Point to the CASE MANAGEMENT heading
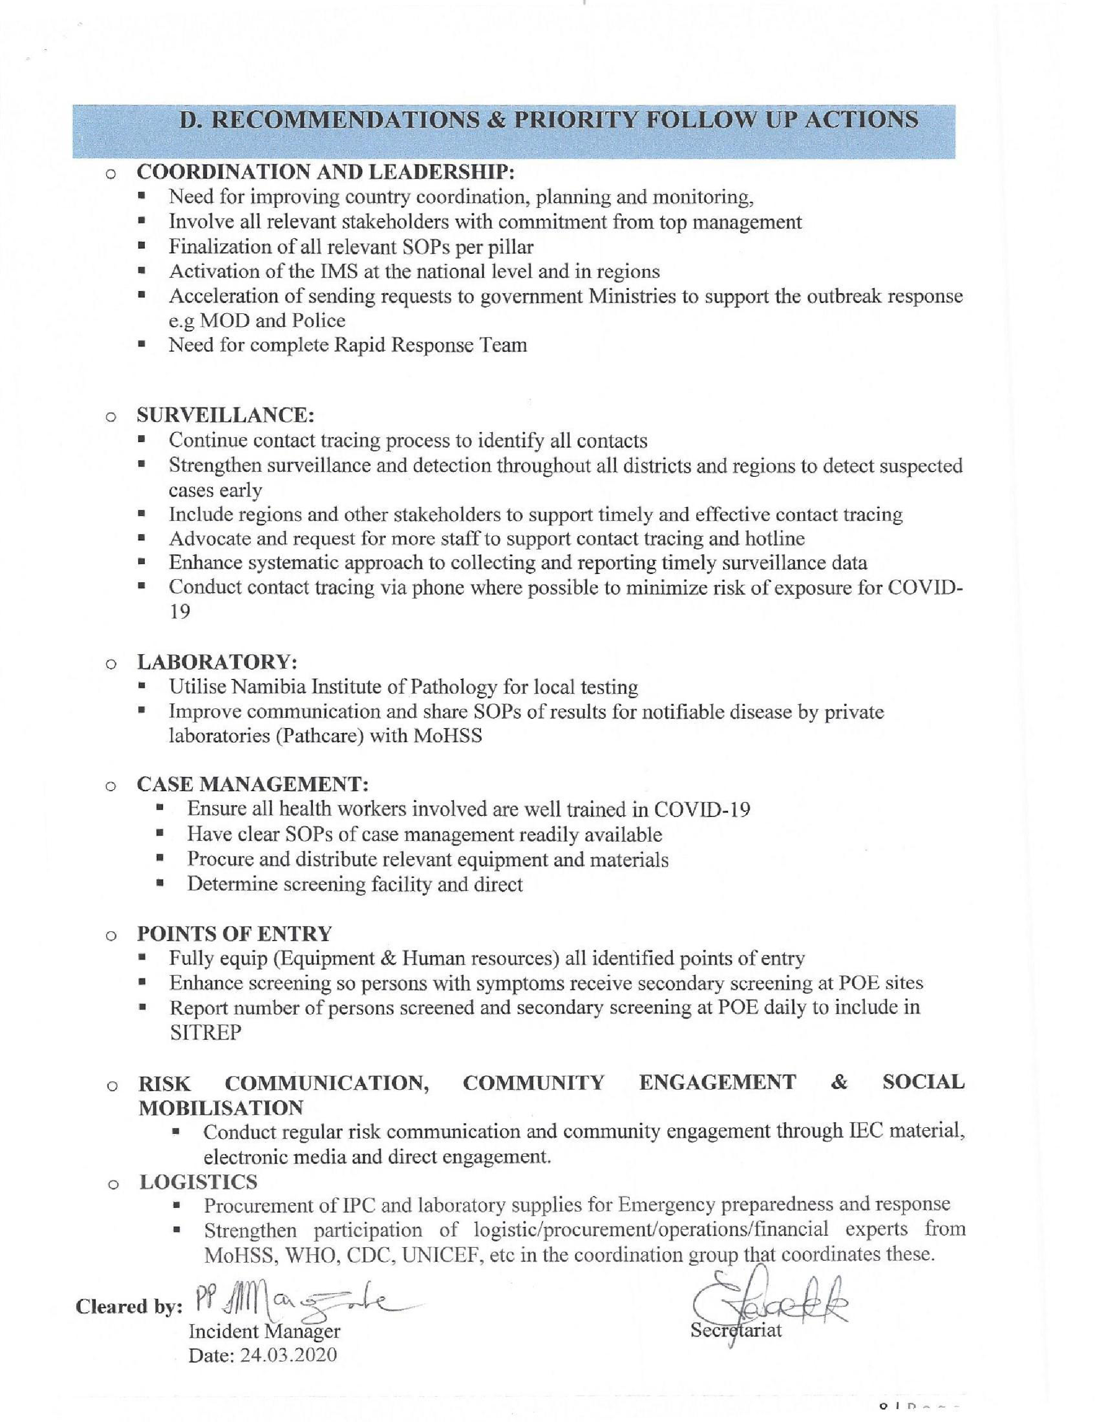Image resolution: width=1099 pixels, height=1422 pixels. pyautogui.click(x=252, y=783)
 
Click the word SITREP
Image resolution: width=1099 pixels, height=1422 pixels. pyautogui.click(x=205, y=1033)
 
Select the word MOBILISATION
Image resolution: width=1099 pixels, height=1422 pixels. pyautogui.click(x=221, y=1107)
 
